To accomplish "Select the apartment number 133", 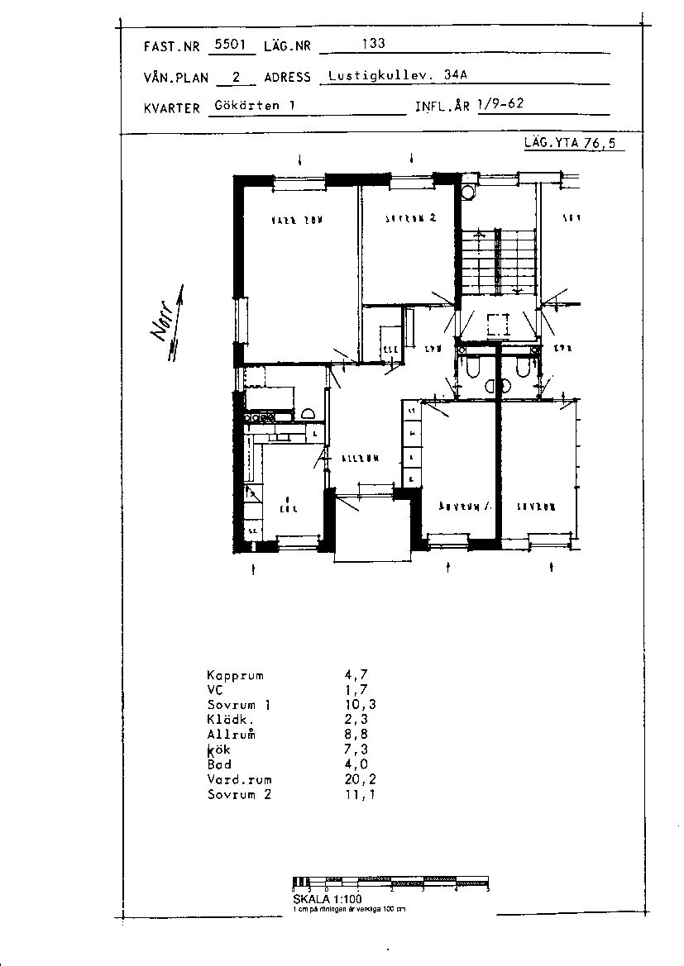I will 374,44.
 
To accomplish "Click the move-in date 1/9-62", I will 500,105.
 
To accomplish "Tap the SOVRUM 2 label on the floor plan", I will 410,219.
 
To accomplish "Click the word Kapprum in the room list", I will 235,675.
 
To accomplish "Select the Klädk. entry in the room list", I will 228,720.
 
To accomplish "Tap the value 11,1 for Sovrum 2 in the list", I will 359,794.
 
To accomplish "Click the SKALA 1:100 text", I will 328,898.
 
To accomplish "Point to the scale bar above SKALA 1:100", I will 391,883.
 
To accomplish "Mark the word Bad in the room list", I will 219,764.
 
